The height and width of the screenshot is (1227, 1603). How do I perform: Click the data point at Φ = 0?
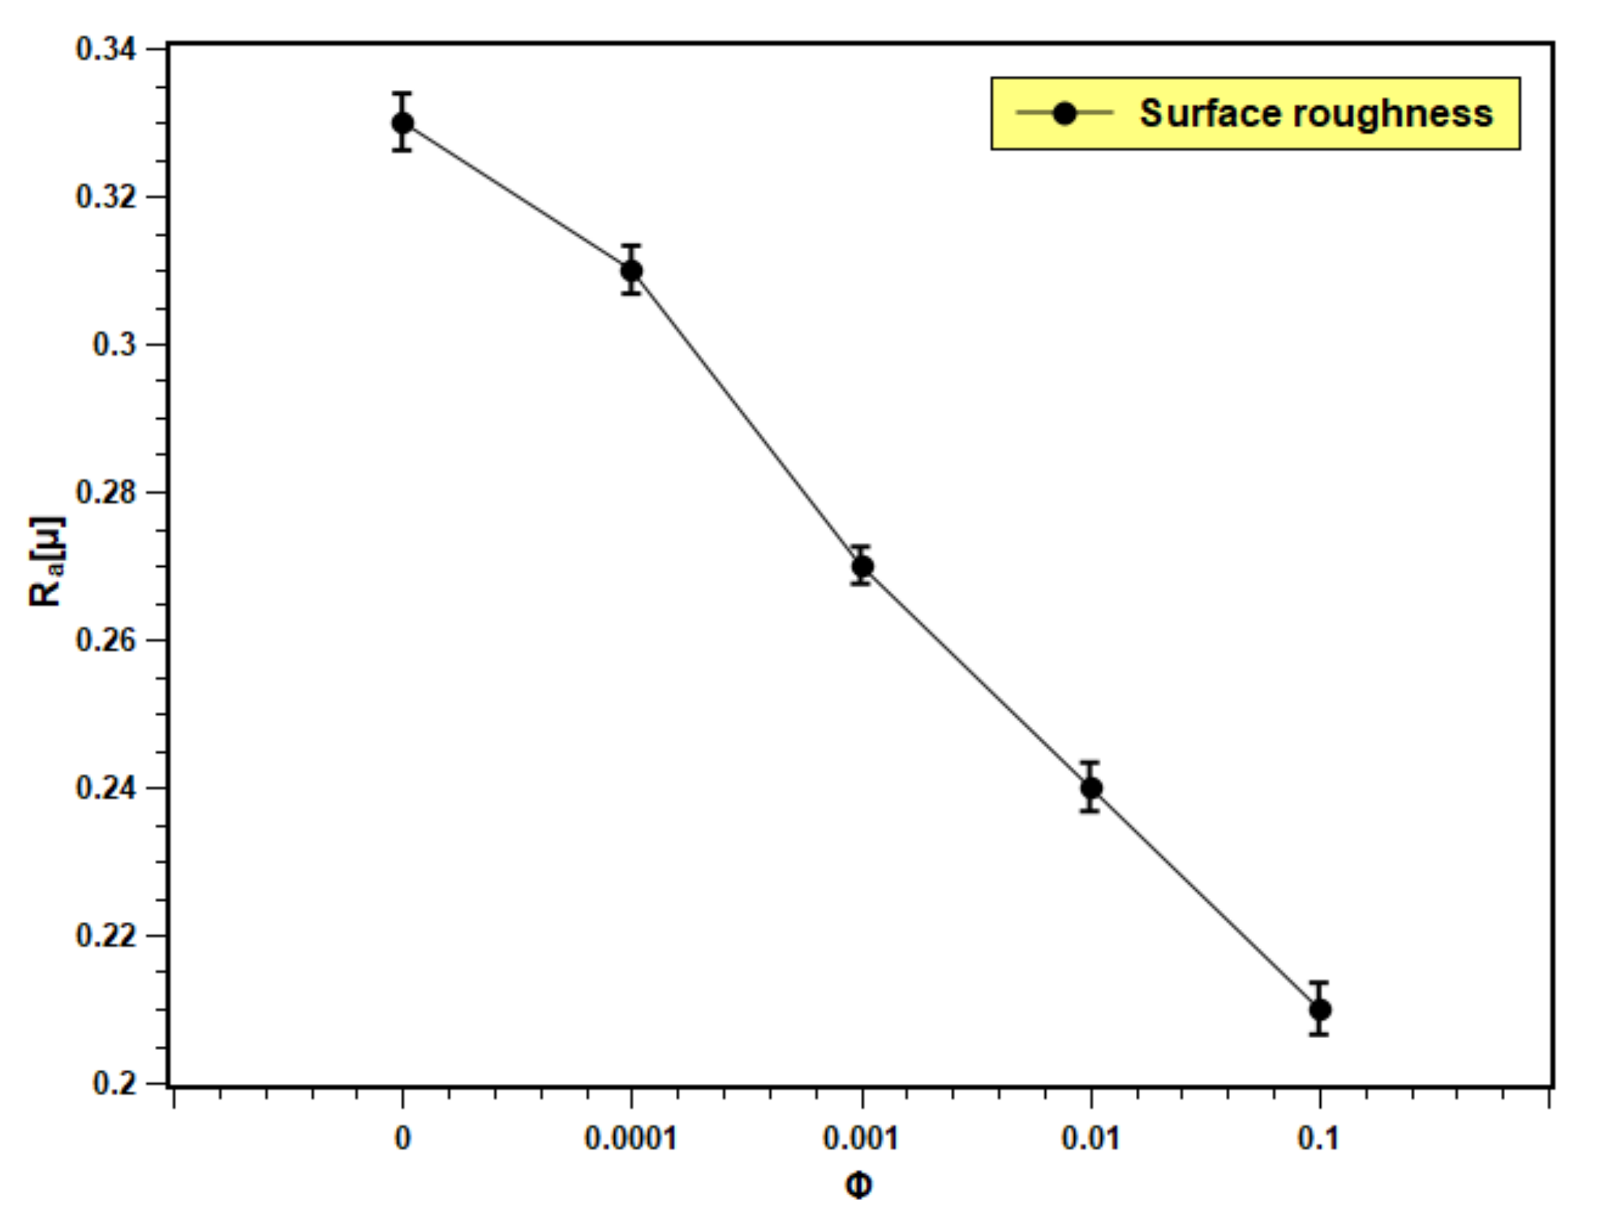[x=402, y=123]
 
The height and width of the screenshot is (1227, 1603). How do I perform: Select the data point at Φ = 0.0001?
[x=631, y=271]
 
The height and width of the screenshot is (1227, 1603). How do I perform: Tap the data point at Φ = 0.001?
[x=862, y=566]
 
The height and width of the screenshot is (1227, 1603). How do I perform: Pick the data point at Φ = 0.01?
[x=1091, y=787]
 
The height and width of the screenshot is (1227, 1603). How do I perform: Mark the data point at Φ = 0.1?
[x=1319, y=1010]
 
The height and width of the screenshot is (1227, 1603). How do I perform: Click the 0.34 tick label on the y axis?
[x=105, y=49]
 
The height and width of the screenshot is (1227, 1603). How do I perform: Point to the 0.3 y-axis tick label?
[x=114, y=345]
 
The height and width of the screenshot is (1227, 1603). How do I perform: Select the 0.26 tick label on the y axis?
[x=105, y=640]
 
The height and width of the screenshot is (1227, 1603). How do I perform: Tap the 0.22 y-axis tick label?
[x=105, y=935]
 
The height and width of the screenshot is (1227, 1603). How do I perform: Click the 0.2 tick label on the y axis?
[x=114, y=1082]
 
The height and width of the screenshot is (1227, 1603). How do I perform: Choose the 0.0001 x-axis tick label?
[x=631, y=1138]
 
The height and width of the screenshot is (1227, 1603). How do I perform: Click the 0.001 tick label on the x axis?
[x=862, y=1138]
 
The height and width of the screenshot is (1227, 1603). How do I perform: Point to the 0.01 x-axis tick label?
[x=1091, y=1138]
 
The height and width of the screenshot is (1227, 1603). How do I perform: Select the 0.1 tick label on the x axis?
[x=1318, y=1138]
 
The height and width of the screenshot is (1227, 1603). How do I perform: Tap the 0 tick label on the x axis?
[x=402, y=1138]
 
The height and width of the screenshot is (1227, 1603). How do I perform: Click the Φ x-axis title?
[x=858, y=1186]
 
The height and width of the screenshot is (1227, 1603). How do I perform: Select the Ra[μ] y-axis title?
[x=46, y=561]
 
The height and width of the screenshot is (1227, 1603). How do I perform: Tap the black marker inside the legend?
[x=1065, y=113]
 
